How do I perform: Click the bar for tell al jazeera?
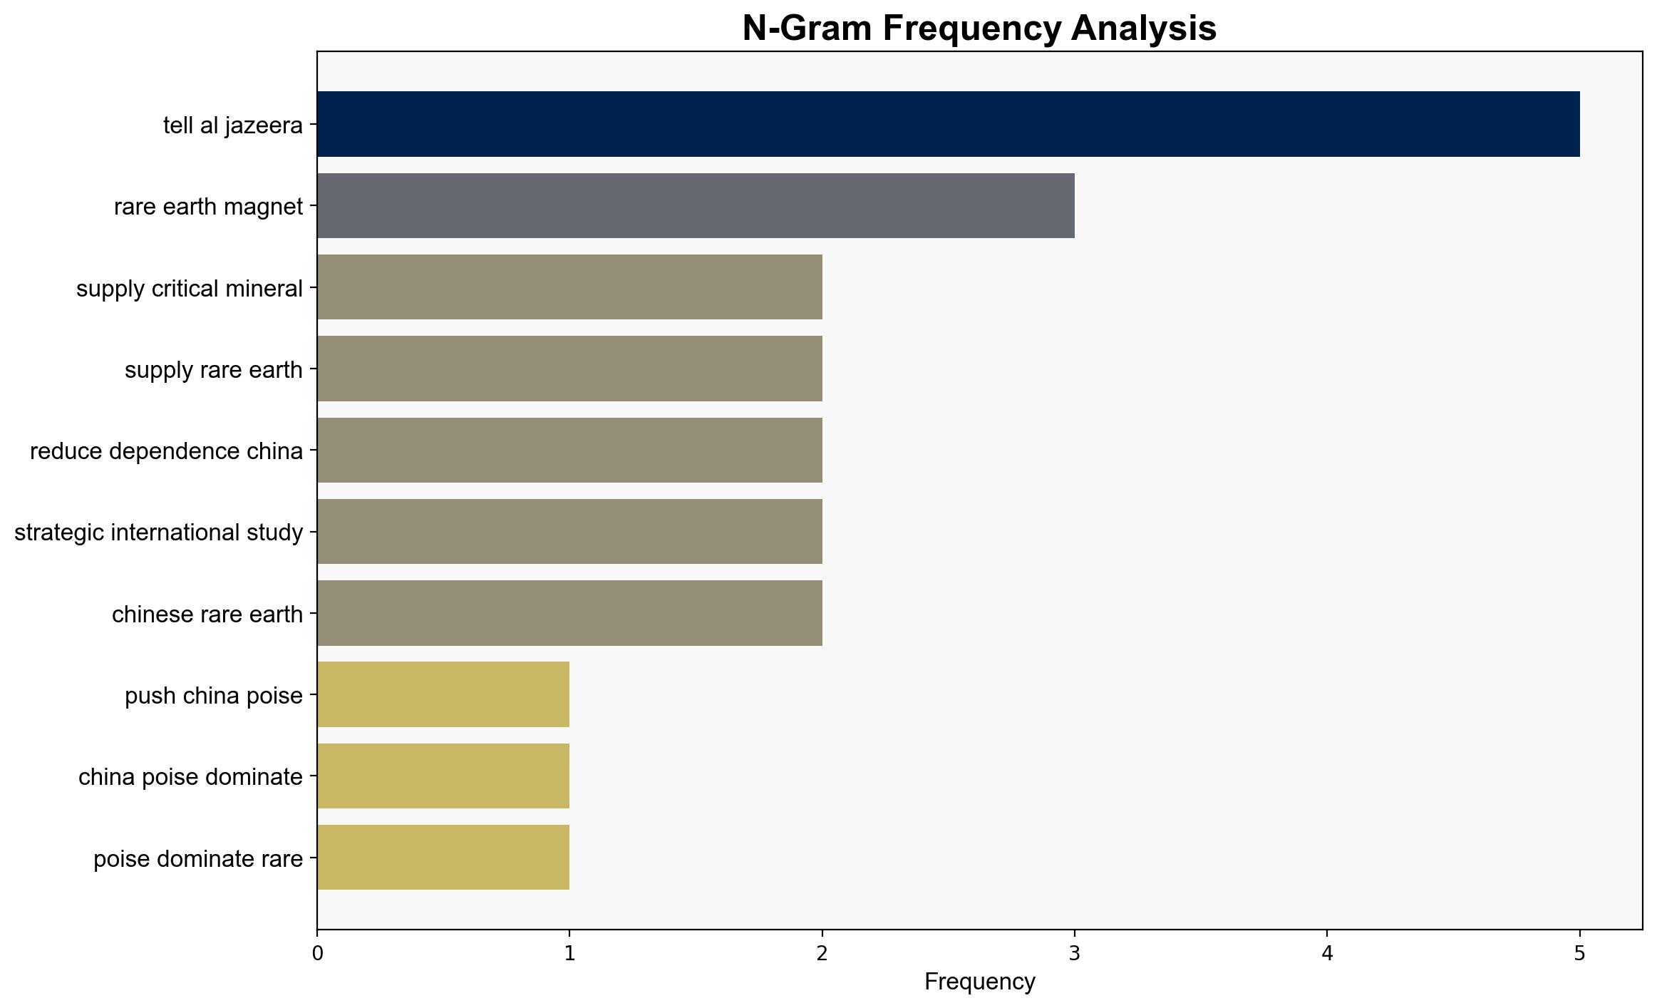[x=949, y=124]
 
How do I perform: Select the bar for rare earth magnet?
[x=696, y=205]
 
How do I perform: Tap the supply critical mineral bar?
[x=569, y=287]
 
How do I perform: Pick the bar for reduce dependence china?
[x=569, y=450]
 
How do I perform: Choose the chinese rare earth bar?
[x=569, y=613]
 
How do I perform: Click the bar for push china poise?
[x=443, y=694]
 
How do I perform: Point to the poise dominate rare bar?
[x=443, y=858]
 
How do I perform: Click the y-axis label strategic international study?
[x=159, y=533]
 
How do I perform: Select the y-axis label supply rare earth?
[x=214, y=370]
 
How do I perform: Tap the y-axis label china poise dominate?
[x=191, y=777]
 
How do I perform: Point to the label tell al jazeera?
[x=233, y=125]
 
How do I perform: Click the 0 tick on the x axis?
[x=317, y=953]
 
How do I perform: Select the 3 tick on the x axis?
[x=1075, y=953]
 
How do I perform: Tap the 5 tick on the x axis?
[x=1580, y=953]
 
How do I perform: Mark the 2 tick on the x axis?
[x=822, y=953]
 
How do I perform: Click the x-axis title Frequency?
[x=980, y=982]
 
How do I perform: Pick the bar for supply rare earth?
[x=569, y=369]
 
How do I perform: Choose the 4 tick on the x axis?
[x=1327, y=953]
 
